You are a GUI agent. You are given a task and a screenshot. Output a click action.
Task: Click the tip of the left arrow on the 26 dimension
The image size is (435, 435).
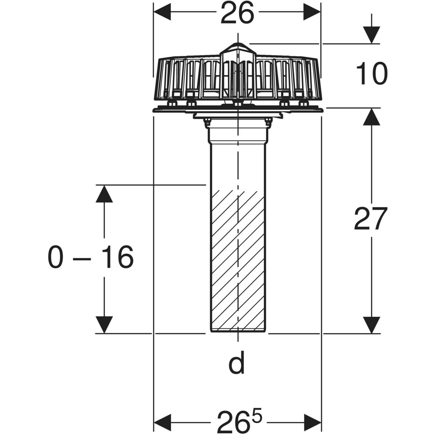[x=154, y=12]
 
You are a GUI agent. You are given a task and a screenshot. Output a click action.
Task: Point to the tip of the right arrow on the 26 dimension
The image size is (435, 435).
[x=320, y=12]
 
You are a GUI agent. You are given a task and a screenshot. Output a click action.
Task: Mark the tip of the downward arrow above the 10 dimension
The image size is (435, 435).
[x=372, y=43]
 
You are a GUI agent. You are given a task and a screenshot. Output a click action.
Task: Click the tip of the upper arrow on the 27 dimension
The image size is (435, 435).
[x=372, y=108]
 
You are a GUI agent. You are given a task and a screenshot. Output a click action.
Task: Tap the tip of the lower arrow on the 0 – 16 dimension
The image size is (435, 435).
[x=104, y=333]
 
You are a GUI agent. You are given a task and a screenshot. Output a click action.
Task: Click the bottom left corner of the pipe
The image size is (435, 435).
[x=211, y=332]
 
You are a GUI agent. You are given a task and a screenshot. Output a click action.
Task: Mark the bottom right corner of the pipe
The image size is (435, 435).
[x=266, y=332]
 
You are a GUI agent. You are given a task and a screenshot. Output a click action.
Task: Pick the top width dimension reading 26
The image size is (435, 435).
[x=237, y=12]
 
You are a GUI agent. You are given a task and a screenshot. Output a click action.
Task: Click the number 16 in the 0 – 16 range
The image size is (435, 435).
[x=117, y=257]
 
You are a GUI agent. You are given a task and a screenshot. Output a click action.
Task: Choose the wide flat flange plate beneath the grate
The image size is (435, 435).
[x=238, y=109]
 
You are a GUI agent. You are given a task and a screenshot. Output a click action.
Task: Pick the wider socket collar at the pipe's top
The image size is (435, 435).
[x=238, y=135]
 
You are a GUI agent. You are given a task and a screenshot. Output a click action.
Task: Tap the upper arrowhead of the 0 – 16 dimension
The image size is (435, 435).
[x=104, y=194]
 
